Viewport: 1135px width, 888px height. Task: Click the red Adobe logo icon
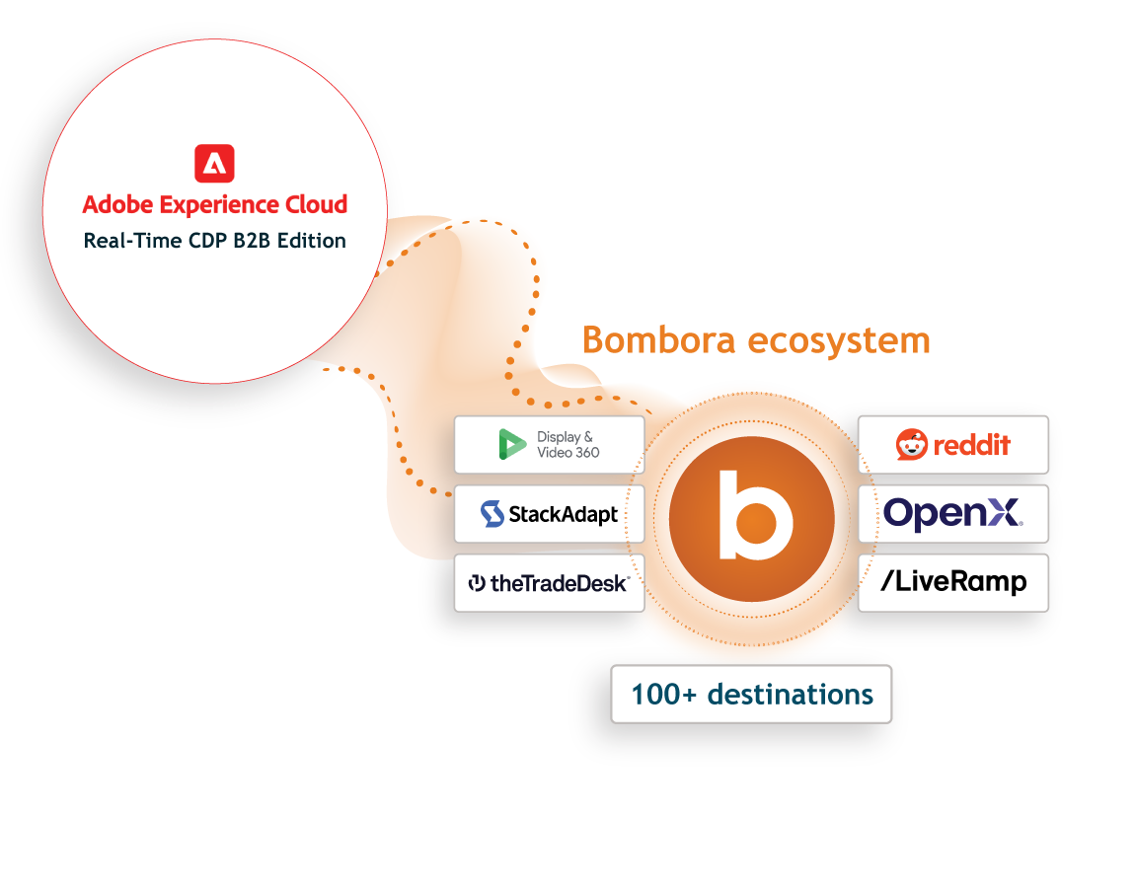[x=214, y=163]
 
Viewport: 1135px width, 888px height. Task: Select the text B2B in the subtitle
[x=252, y=241]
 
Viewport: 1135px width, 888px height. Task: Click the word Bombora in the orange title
[x=658, y=340]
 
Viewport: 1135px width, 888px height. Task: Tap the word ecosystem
[x=839, y=341]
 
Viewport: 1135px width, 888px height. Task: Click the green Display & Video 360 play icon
[x=512, y=444]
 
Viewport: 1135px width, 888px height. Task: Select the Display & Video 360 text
[x=567, y=444]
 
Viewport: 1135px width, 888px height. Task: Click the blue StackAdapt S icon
[x=492, y=514]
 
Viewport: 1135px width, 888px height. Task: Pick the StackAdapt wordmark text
[x=564, y=515]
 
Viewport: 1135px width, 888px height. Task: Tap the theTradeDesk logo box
[x=550, y=583]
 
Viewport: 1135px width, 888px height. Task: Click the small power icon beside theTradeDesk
[x=477, y=582]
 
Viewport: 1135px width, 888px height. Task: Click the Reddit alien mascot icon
[x=911, y=444]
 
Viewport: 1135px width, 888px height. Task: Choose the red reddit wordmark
[x=971, y=445]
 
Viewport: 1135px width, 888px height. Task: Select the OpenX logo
[x=952, y=514]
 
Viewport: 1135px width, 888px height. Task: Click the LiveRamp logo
[x=953, y=582]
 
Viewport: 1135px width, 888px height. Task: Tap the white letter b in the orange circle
[x=754, y=515]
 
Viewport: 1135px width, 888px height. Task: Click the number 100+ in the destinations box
[x=664, y=694]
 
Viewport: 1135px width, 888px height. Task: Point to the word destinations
[x=790, y=694]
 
